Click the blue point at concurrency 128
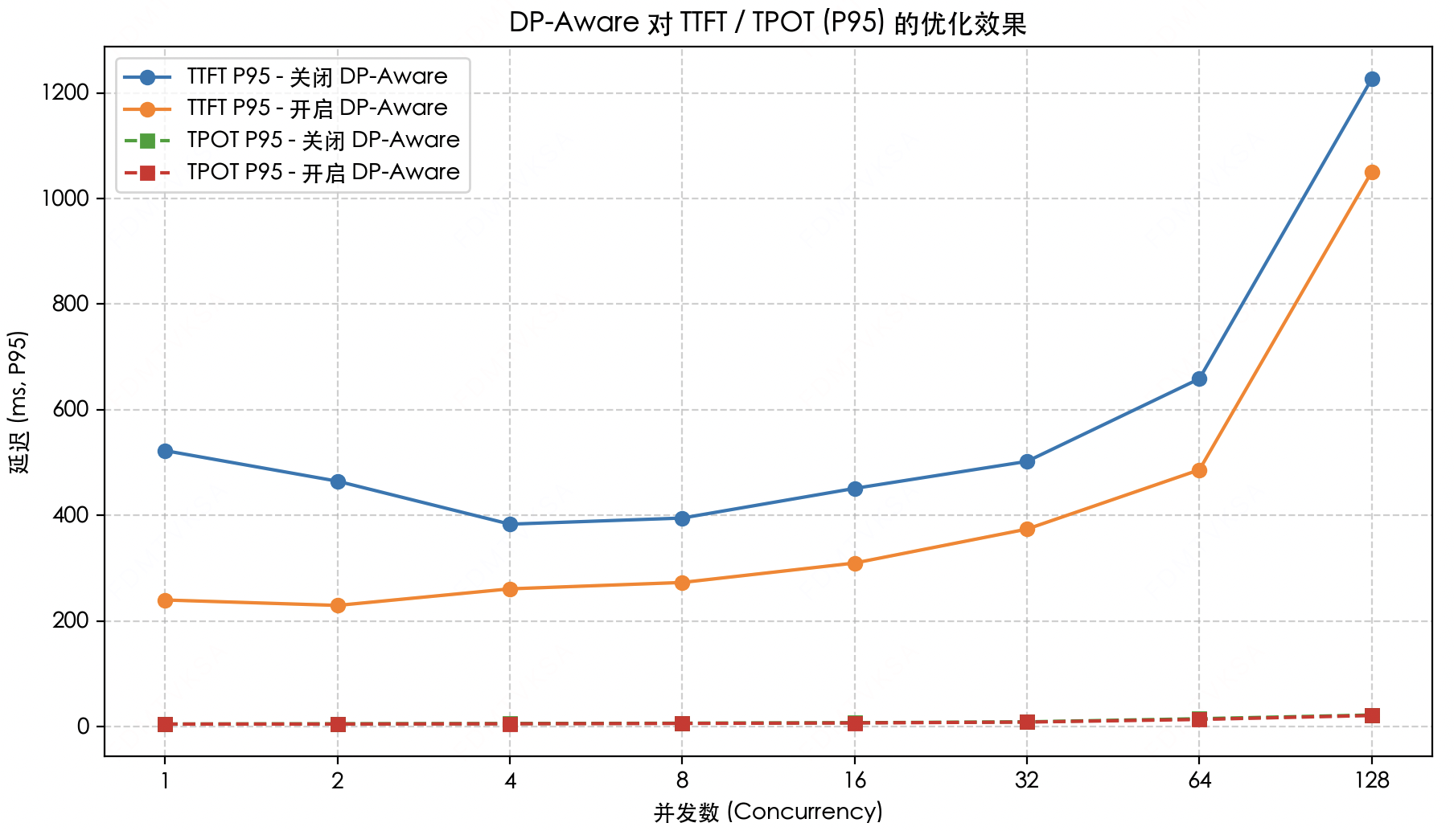(x=1372, y=79)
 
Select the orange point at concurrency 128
(x=1372, y=172)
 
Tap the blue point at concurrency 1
(x=165, y=451)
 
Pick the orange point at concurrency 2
(x=338, y=605)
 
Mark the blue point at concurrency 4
(x=510, y=524)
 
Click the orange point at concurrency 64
(x=1199, y=470)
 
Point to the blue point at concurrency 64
(x=1199, y=379)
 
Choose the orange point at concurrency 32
(x=1027, y=529)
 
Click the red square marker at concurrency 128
(x=1372, y=715)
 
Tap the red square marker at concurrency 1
(x=165, y=724)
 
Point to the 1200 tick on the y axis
(x=69, y=93)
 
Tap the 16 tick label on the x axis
(x=854, y=780)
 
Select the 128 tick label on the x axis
(x=1372, y=780)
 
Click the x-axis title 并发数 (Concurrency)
(x=768, y=812)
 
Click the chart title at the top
(x=768, y=23)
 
